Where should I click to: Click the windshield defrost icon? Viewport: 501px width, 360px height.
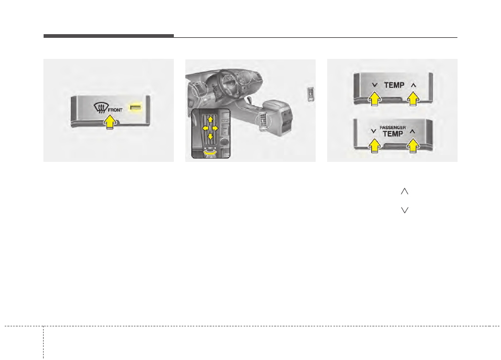coord(100,108)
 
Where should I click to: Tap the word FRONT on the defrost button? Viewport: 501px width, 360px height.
coord(116,110)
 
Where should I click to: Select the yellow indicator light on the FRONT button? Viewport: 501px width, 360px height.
coord(135,107)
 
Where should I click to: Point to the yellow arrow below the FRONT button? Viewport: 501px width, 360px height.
coord(110,122)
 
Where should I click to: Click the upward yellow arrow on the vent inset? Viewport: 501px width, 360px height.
coord(210,119)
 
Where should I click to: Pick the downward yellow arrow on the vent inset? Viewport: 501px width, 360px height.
coord(210,137)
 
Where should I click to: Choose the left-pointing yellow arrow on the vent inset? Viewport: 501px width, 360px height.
coord(205,128)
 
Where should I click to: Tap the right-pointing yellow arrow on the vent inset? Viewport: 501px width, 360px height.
coord(215,128)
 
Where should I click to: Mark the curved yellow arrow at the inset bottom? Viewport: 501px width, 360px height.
coord(210,153)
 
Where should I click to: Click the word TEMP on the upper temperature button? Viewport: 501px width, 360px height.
coord(394,85)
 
